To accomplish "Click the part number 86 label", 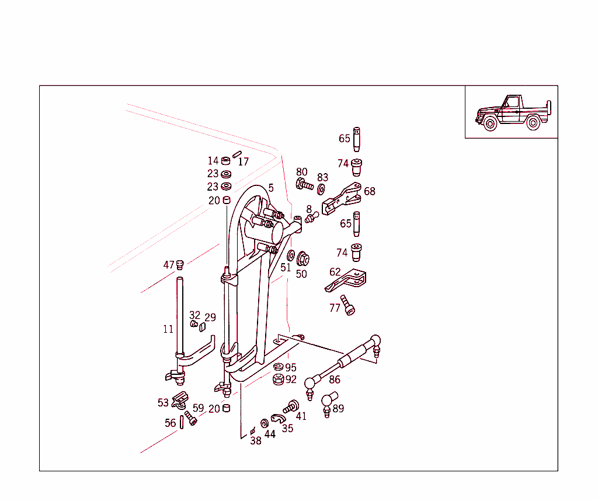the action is point(335,380).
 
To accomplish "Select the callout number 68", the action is point(370,191).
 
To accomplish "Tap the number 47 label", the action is point(169,265).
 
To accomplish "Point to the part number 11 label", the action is point(168,329).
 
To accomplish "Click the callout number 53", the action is point(163,402).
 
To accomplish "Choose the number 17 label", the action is point(244,162).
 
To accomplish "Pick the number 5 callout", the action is point(271,188).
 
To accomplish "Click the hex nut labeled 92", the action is point(279,380).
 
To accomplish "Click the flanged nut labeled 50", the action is point(303,258).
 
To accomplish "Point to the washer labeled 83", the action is point(321,189).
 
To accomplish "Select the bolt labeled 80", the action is point(304,185).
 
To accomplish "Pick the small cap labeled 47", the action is point(180,264).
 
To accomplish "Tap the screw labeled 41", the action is point(290,406).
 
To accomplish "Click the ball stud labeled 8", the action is point(311,219).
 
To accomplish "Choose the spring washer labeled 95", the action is point(279,367).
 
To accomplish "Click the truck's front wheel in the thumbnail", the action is point(490,124).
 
